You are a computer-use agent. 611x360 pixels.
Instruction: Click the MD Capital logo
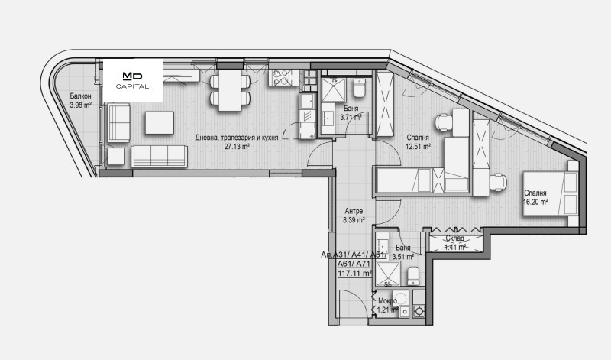tap(132, 80)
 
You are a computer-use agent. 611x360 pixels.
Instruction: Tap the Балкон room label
tap(81, 96)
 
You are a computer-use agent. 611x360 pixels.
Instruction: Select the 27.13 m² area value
tap(237, 146)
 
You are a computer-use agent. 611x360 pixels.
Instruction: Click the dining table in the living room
tap(230, 90)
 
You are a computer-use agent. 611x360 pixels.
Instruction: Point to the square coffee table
tap(160, 123)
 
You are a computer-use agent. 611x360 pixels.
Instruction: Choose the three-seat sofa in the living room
tap(160, 157)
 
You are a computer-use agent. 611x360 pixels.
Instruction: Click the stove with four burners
tap(280, 77)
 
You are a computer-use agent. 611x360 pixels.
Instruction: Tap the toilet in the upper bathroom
tap(359, 88)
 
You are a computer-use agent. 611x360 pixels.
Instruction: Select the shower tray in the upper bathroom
tap(334, 90)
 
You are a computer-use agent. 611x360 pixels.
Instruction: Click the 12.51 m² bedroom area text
tap(418, 147)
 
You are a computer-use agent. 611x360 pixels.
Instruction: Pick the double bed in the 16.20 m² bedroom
tap(550, 193)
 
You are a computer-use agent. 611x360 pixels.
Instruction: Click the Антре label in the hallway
tap(354, 211)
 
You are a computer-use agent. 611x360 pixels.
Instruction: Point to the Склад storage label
tap(454, 238)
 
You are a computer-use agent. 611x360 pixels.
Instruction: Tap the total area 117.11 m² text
tap(354, 274)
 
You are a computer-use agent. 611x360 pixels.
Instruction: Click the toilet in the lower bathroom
tap(413, 276)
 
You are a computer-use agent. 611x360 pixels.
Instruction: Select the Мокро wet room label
tap(388, 300)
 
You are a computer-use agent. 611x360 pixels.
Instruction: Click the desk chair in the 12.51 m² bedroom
tap(444, 122)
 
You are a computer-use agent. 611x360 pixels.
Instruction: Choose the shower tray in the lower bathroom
tap(388, 274)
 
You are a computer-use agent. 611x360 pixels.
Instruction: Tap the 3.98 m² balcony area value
tap(81, 105)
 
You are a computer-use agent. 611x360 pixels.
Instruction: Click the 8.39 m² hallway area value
tap(354, 220)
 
